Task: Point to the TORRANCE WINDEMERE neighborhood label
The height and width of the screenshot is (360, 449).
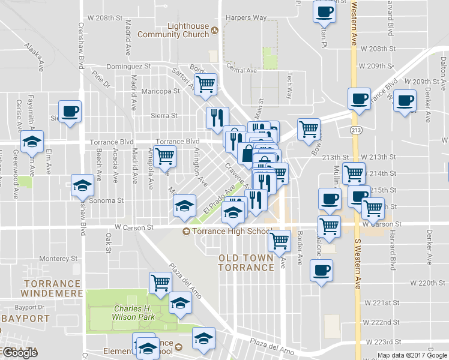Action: tap(52, 288)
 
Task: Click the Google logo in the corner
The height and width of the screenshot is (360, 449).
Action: tap(19, 353)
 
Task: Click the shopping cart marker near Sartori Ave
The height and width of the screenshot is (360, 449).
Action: tap(205, 85)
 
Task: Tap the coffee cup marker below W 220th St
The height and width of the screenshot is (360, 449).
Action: tap(321, 269)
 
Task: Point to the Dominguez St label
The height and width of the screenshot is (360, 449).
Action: tap(131, 66)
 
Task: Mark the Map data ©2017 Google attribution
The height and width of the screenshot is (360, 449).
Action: tap(412, 355)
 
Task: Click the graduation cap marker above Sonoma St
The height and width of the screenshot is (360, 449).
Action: tap(82, 185)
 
